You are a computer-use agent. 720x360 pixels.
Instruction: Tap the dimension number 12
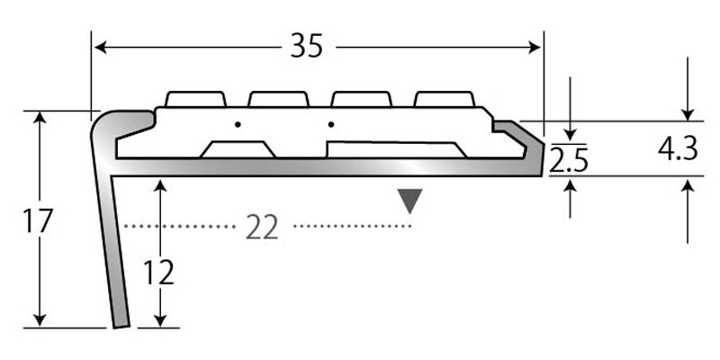point(157,271)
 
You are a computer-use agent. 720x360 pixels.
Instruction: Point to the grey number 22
point(262,229)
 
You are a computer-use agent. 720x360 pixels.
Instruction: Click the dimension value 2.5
point(569,161)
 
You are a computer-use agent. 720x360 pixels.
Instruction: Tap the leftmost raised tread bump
point(195,98)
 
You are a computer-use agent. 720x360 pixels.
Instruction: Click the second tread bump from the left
point(279,98)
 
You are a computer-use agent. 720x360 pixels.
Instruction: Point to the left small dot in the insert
point(238,123)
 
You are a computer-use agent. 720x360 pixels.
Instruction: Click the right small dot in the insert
point(332,123)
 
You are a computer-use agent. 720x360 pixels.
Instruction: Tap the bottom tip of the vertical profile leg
point(119,325)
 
